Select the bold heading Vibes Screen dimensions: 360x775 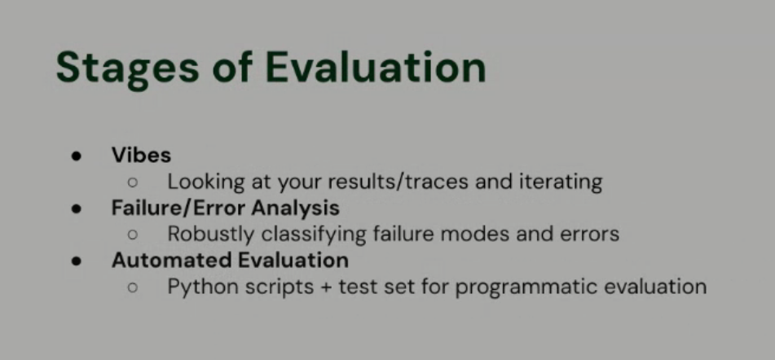click(x=141, y=155)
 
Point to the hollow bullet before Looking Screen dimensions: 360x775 click(x=132, y=182)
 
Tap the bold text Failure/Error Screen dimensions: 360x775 click(x=168, y=208)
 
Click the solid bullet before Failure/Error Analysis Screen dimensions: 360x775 click(x=77, y=209)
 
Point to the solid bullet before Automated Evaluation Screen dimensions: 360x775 click(x=77, y=261)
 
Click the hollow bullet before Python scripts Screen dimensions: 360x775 click(x=132, y=288)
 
